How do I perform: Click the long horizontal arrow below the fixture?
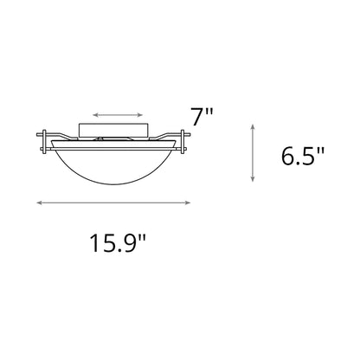coord(113,202)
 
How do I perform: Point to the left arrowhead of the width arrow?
coord(40,202)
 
